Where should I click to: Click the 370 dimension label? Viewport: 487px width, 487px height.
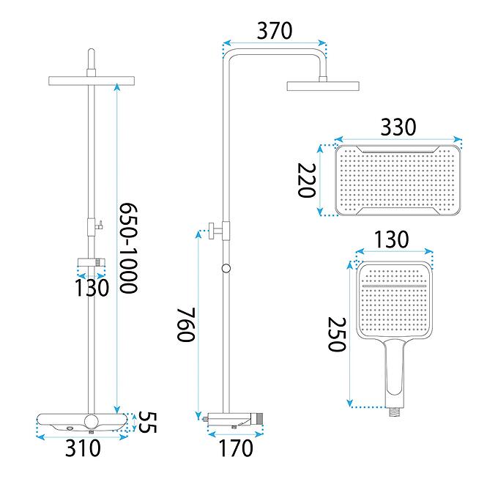coord(275,31)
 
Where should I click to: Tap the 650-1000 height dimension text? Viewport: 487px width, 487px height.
coord(129,248)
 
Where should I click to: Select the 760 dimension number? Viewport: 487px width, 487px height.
coord(186,324)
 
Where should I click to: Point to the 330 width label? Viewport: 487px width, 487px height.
coord(398,127)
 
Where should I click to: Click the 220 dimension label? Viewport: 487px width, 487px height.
coord(307,180)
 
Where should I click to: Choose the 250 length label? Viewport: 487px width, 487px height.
coord(337,334)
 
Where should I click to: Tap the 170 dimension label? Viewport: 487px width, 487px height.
coord(236,448)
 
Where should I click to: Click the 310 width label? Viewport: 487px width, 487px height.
coord(83,448)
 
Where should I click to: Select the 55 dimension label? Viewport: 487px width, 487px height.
coord(147,422)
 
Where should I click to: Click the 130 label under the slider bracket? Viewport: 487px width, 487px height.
coord(92,288)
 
